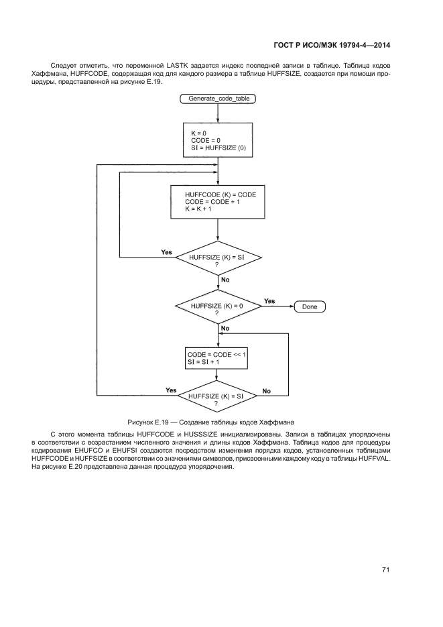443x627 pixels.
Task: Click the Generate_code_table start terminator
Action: pos(218,99)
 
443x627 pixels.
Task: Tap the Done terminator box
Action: pos(310,306)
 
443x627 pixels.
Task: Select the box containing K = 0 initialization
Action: pos(218,140)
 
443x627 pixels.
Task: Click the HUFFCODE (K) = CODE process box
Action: pos(218,202)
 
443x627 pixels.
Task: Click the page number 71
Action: pos(386,570)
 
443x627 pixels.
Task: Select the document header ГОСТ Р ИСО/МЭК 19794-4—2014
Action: pos(332,45)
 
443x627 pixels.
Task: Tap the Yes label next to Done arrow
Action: pos(269,301)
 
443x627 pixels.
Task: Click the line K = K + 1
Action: pos(198,209)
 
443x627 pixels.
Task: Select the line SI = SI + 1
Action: pos(204,361)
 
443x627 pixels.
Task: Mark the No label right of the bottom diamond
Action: pos(266,390)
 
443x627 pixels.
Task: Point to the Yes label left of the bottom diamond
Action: pos(171,390)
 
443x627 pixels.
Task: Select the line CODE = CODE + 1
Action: pos(210,202)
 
